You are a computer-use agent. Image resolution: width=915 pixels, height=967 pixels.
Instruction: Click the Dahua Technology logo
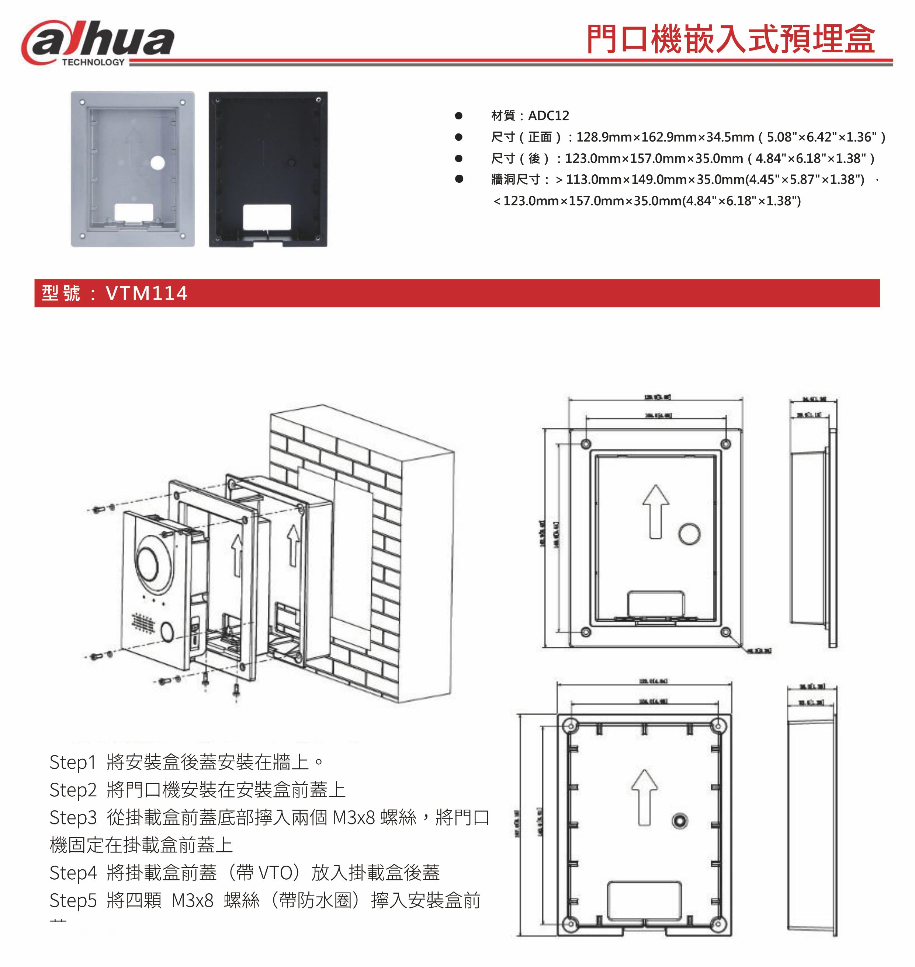97,43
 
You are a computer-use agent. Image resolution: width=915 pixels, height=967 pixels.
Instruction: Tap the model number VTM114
146,293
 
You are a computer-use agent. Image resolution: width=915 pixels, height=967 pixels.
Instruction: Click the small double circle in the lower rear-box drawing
679,821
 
